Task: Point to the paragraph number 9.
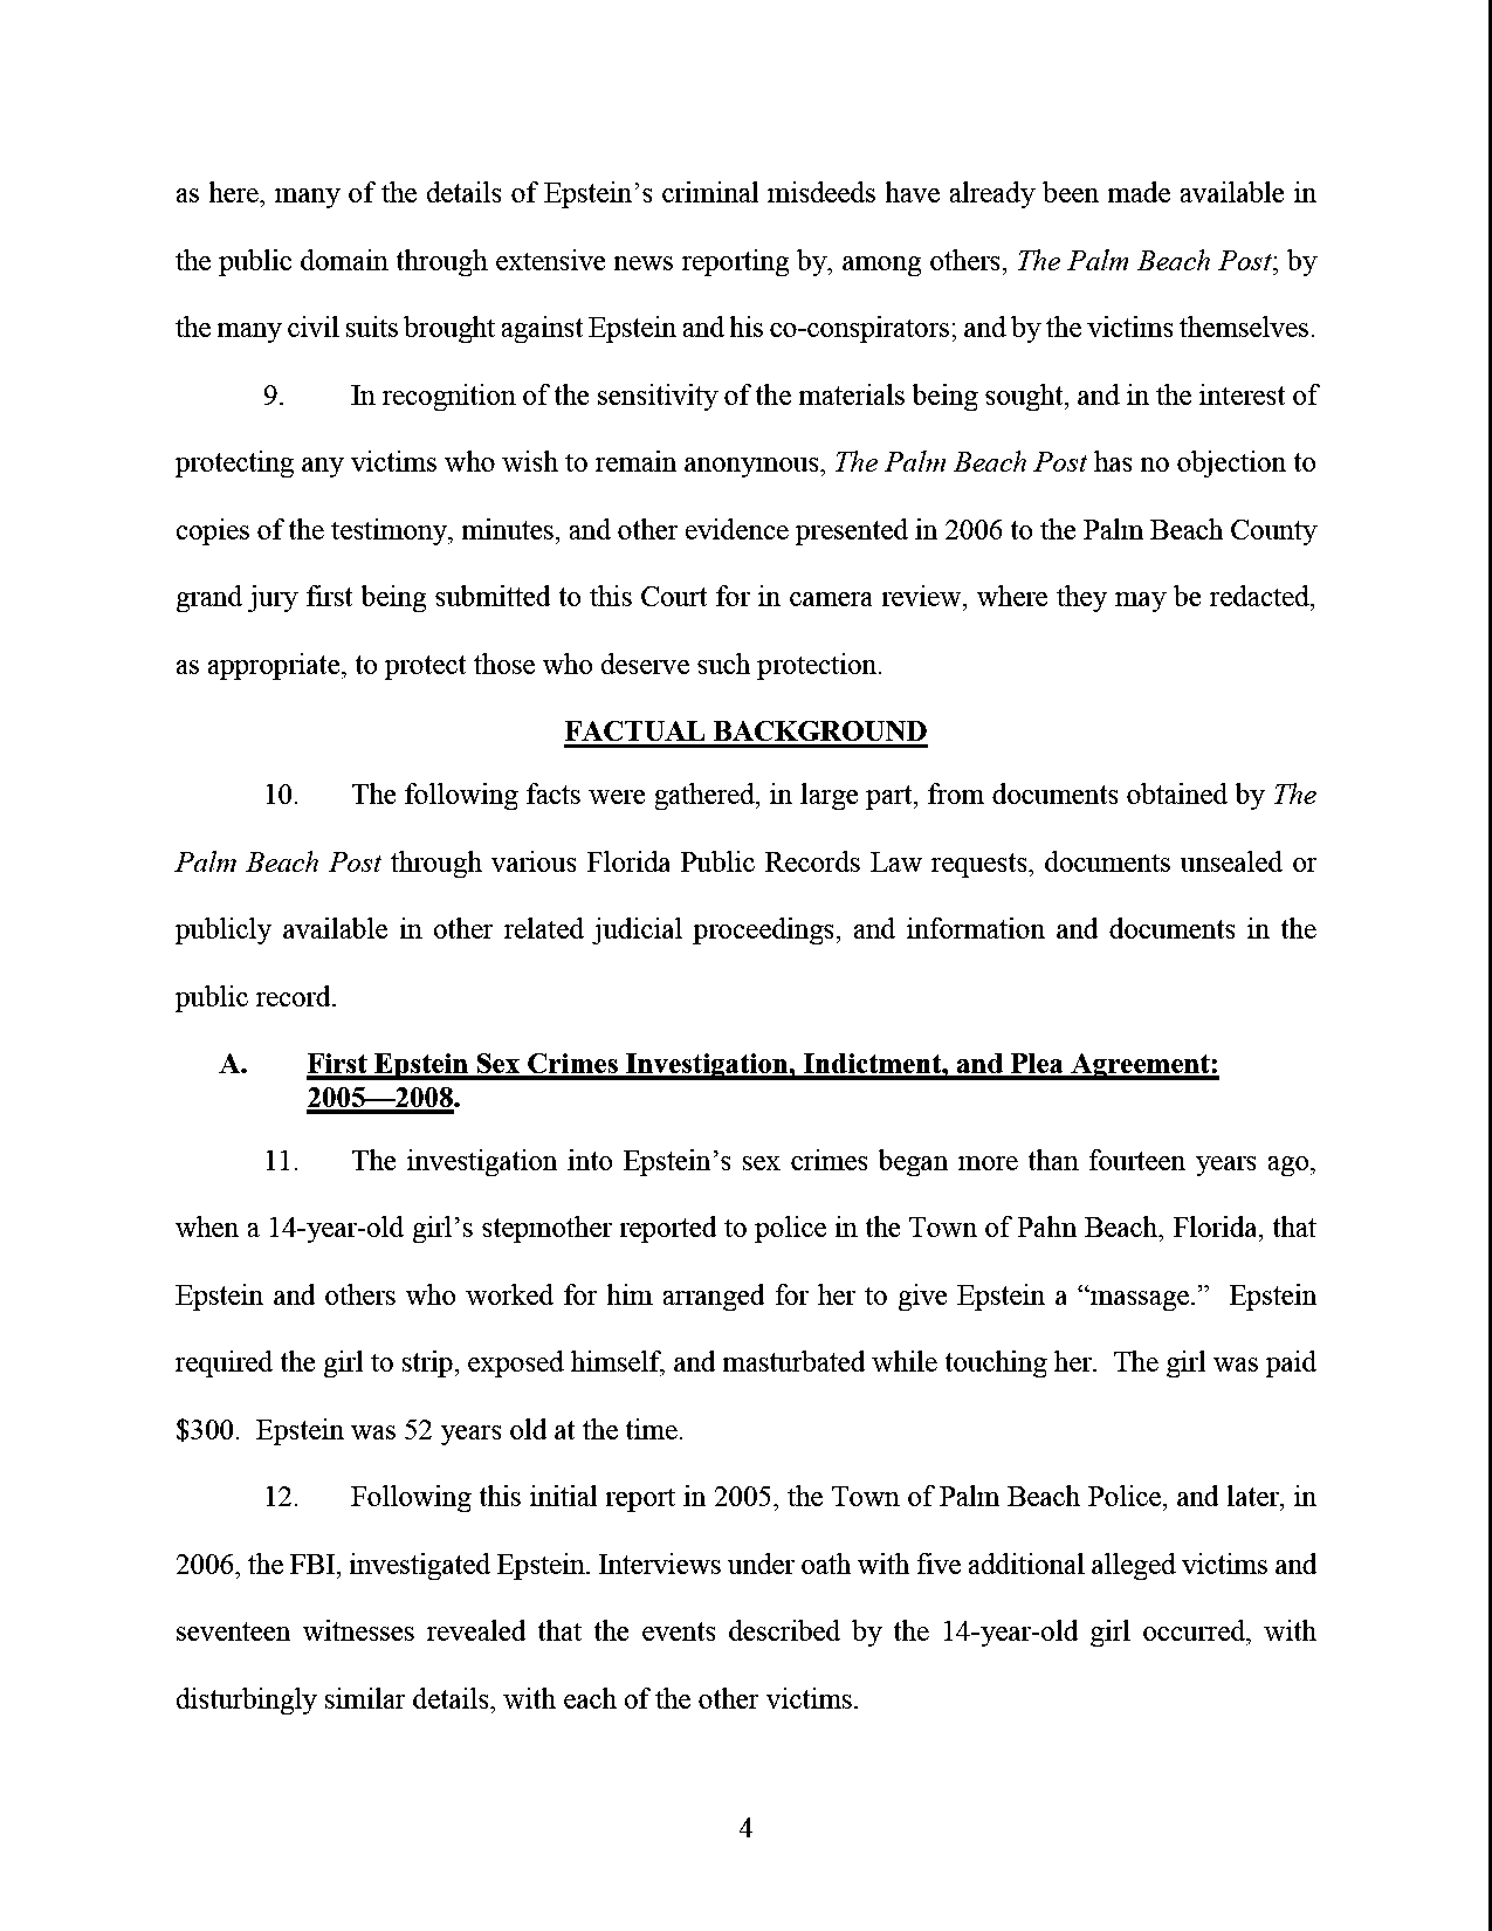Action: point(274,395)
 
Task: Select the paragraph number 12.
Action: point(280,1497)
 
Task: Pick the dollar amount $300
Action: point(208,1430)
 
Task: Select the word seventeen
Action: point(232,1631)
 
